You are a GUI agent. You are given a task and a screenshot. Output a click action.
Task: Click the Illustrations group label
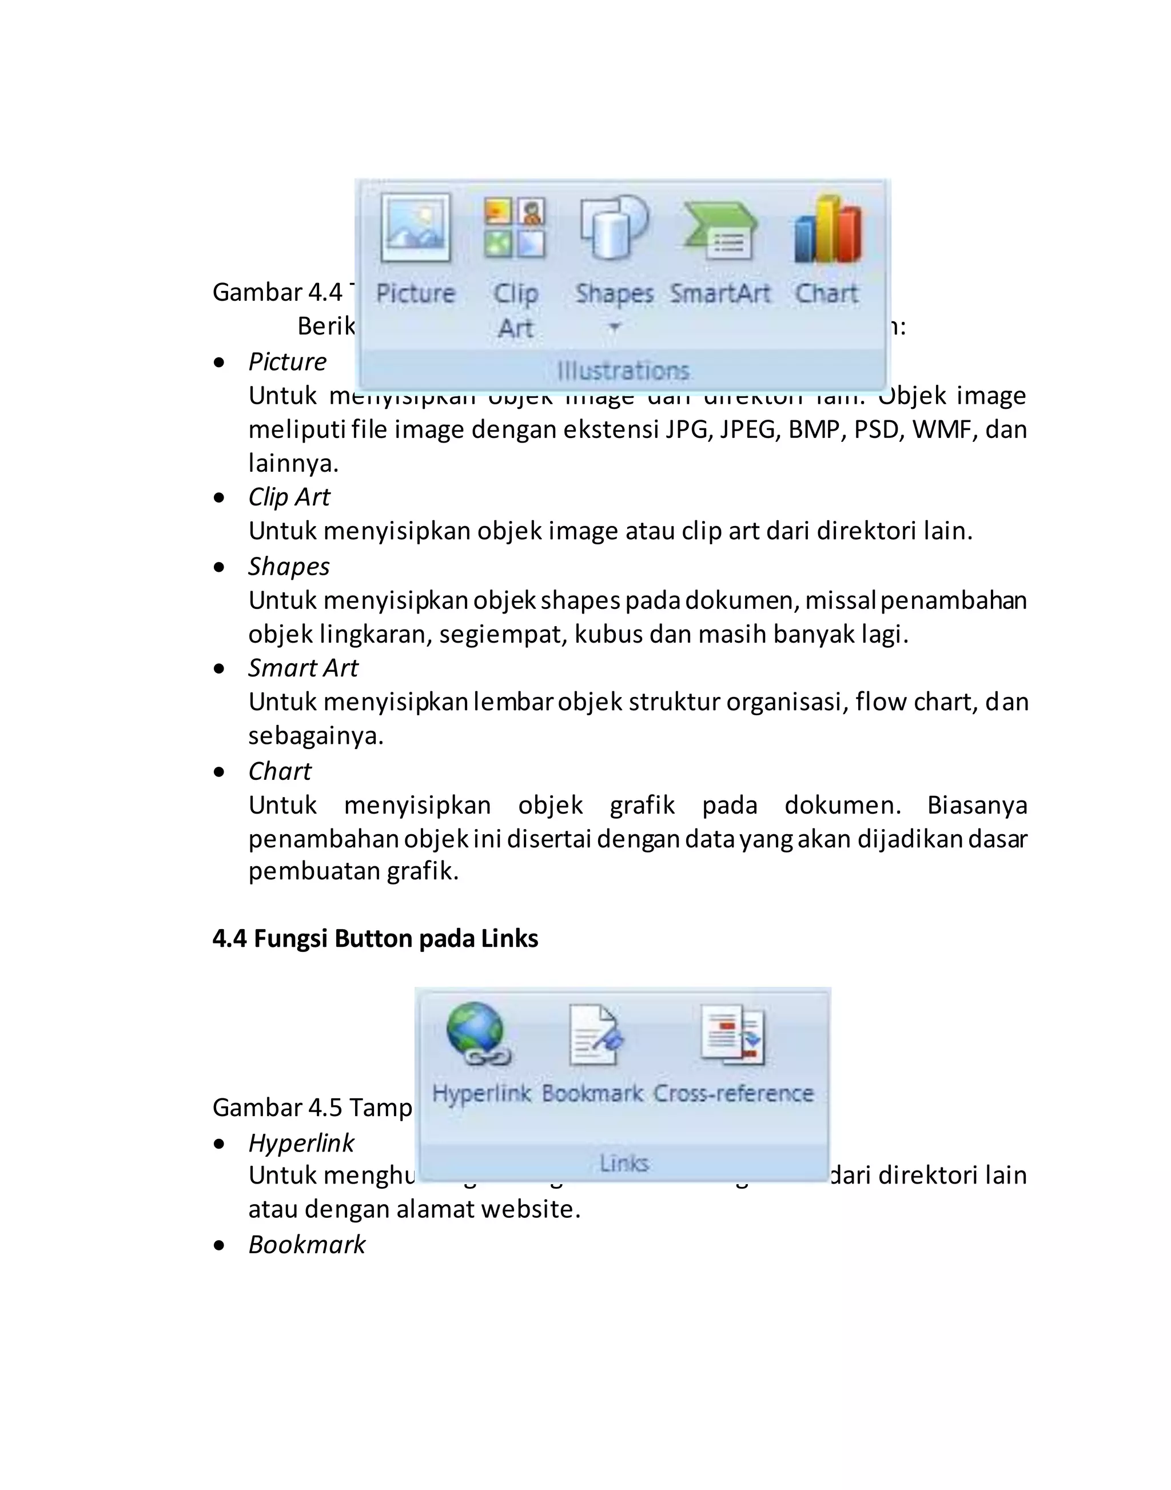pos(623,371)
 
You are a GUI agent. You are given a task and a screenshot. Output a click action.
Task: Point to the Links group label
pos(624,1163)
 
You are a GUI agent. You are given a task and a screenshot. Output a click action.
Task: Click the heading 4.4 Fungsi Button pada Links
pos(375,939)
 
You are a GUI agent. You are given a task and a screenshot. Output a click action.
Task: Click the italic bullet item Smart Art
pos(303,668)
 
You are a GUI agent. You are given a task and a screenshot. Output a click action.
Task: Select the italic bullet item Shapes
pos(289,567)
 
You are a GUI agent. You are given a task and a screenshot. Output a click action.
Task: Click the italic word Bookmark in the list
pos(306,1245)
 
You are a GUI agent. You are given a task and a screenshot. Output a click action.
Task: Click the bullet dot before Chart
pos(220,772)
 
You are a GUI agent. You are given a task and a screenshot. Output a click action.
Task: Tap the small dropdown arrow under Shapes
pos(614,327)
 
